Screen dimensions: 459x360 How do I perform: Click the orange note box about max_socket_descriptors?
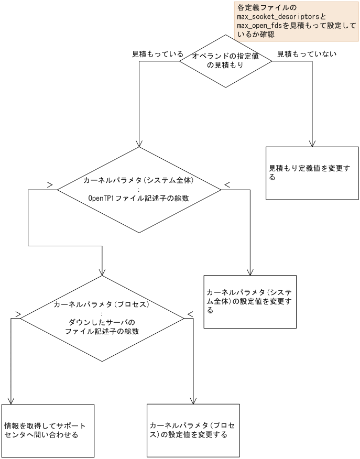(x=296, y=21)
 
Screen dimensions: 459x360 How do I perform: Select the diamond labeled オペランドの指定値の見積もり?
(x=225, y=61)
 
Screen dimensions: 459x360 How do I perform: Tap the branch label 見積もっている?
(x=157, y=54)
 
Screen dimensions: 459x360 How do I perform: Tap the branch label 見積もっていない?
(x=307, y=54)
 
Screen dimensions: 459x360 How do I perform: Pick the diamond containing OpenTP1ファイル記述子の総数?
(x=138, y=190)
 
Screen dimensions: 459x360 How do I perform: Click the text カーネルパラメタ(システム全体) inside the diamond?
(x=139, y=180)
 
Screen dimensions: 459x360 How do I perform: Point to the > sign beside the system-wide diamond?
(x=50, y=184)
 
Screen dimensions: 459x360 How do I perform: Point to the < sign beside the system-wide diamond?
(x=227, y=184)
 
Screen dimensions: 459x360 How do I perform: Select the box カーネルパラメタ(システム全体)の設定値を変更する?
(x=250, y=302)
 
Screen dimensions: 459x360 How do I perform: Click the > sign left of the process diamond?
(x=18, y=314)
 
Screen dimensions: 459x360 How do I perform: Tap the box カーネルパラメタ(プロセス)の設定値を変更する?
(x=193, y=430)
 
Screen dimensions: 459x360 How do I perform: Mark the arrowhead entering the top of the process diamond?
(x=102, y=272)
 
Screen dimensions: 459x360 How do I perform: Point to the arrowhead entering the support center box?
(x=10, y=400)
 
